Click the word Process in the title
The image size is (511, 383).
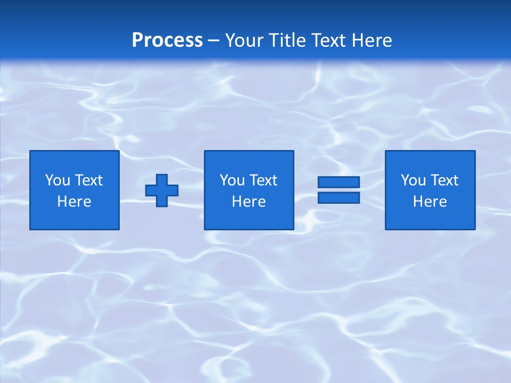click(x=167, y=40)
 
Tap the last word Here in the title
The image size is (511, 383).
click(x=371, y=40)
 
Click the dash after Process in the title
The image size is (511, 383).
click(x=214, y=41)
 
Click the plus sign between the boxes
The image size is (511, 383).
click(x=162, y=190)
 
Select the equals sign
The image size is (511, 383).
click(x=339, y=190)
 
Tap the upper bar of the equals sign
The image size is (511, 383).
click(x=339, y=182)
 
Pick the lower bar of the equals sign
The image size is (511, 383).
click(x=339, y=197)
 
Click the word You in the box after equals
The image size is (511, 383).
click(x=413, y=180)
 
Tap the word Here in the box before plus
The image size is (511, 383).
click(x=75, y=202)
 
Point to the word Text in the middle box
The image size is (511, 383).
click(x=263, y=180)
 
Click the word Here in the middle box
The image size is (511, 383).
click(x=249, y=202)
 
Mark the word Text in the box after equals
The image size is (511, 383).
click(x=444, y=180)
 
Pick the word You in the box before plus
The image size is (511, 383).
click(x=57, y=180)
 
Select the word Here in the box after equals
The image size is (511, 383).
click(x=430, y=202)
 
